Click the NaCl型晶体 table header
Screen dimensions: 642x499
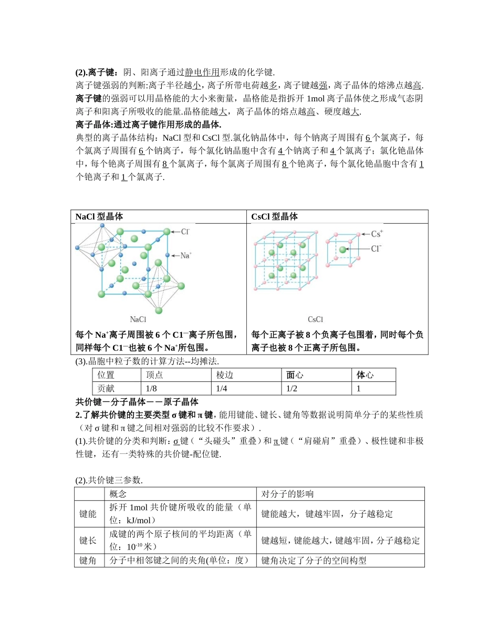pos(100,216)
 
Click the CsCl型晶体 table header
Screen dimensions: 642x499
pos(275,216)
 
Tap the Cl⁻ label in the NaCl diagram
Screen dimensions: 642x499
pos(185,231)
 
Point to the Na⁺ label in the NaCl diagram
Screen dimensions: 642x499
pos(186,255)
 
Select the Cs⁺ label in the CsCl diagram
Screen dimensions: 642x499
pos(377,234)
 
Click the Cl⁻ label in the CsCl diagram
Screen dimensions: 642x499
pos(377,249)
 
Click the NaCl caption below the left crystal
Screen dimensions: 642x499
pos(138,319)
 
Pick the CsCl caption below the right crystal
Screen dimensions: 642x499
pos(316,319)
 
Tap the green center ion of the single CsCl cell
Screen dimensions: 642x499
pos(343,250)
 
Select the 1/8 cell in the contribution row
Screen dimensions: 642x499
pos(152,388)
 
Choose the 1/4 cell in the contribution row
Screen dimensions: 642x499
pos(222,388)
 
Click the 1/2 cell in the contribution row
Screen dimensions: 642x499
pos(292,388)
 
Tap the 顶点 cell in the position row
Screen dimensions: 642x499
pos(154,375)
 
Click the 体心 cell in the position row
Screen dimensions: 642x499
pos(365,375)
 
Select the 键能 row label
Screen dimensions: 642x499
pos(88,514)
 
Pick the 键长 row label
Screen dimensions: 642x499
pos(88,541)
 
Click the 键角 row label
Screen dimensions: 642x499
pos(88,561)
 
